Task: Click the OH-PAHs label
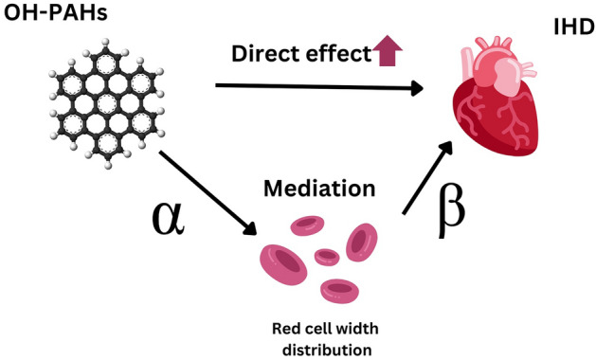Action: tap(48, 15)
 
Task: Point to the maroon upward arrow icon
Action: tap(385, 54)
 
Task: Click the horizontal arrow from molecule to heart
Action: tap(318, 88)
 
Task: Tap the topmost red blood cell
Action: tap(307, 225)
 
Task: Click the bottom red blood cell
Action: tap(338, 288)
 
